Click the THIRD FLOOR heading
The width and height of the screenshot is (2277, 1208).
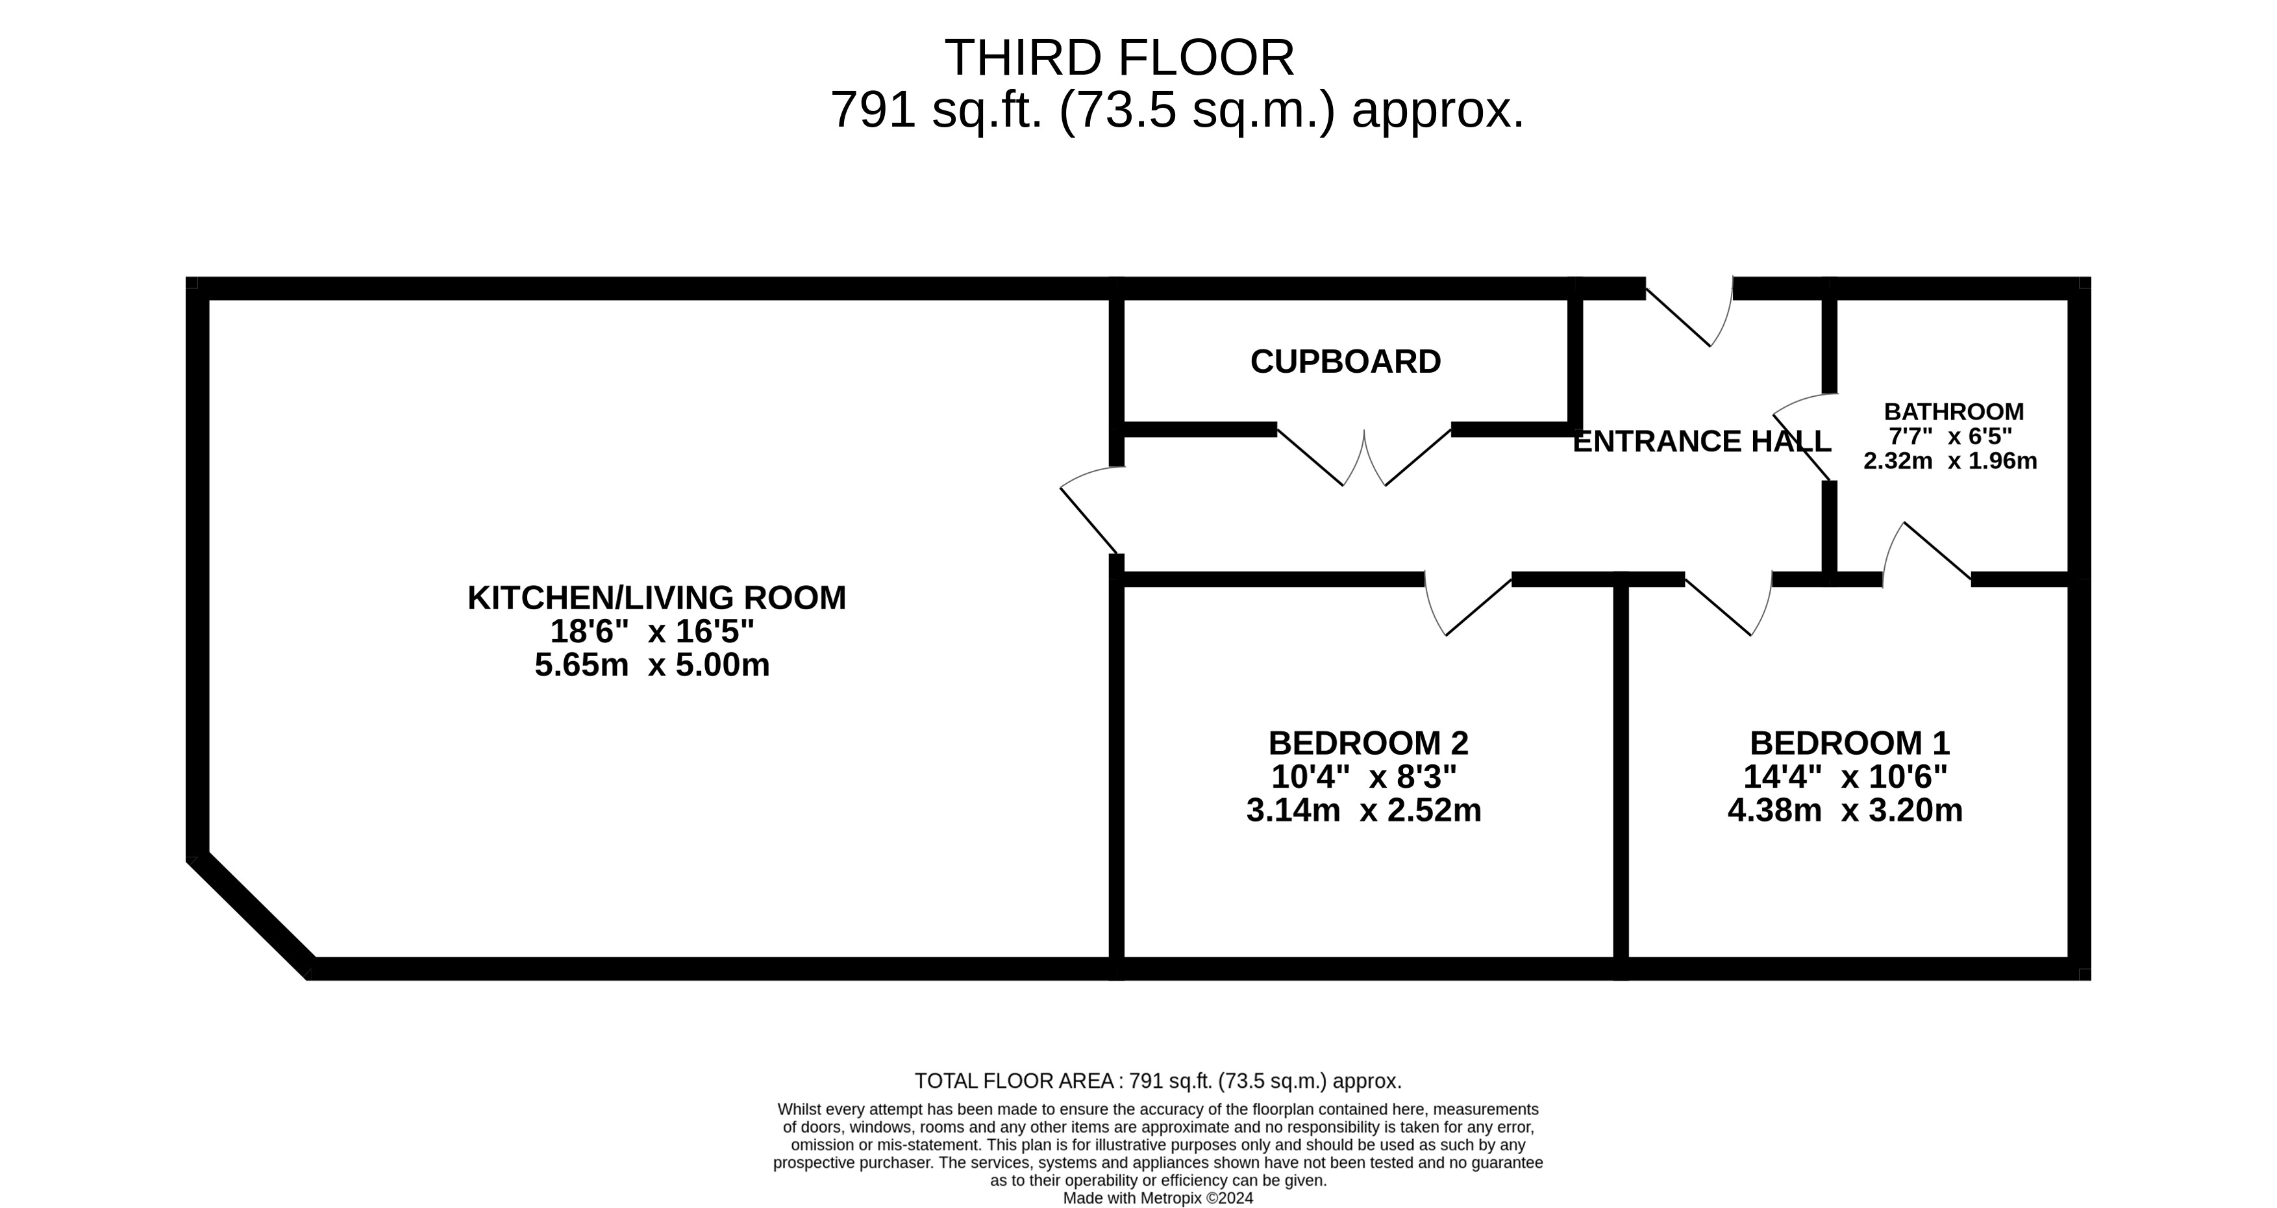pos(1119,58)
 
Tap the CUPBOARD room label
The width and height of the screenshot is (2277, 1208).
pos(1345,362)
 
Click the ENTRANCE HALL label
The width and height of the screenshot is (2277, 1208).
pos(1702,441)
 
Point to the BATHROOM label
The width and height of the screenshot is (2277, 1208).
pos(1954,412)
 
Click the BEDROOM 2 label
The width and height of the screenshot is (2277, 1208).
pos(1368,743)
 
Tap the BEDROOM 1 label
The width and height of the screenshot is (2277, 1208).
pos(1849,743)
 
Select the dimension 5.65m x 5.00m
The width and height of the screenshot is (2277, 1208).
pos(653,665)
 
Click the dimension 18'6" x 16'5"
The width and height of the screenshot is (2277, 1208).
pos(653,631)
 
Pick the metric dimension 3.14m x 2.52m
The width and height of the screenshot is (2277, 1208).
pos(1364,810)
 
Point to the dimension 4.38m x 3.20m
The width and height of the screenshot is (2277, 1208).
pos(1846,810)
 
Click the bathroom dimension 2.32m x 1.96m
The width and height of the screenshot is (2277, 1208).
pos(1950,460)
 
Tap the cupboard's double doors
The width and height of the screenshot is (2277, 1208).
pos(1364,457)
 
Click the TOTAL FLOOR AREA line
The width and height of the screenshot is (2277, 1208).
pos(1158,1081)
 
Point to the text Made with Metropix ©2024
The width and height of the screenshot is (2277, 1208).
pos(1158,1198)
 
